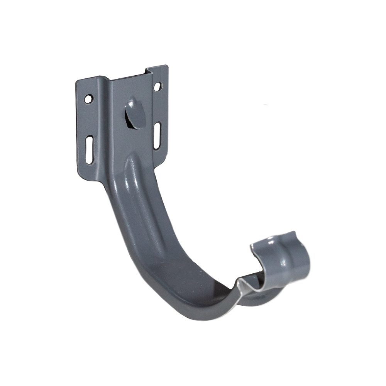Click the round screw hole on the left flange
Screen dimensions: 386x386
[x=89, y=99]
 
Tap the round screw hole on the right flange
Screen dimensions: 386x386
[x=157, y=86]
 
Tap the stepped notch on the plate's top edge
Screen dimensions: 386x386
[x=146, y=72]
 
